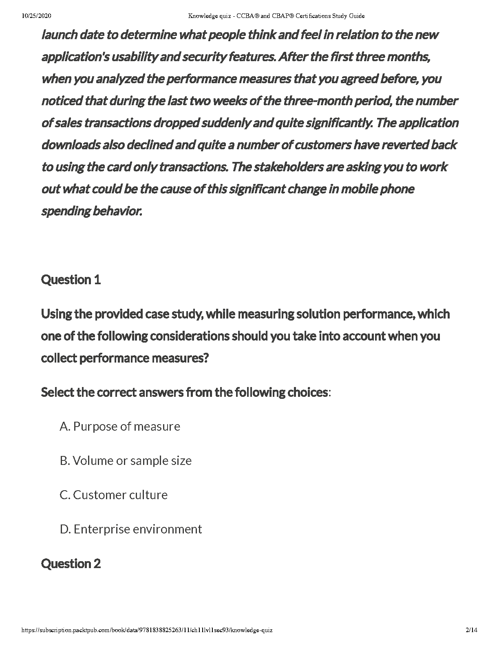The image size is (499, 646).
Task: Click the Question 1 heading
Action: pyautogui.click(x=71, y=280)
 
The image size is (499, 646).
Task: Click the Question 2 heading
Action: pyautogui.click(x=71, y=564)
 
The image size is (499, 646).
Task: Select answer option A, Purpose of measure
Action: pyautogui.click(x=120, y=427)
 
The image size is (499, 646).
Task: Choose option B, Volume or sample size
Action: pyautogui.click(x=126, y=461)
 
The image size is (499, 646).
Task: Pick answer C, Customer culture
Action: pyautogui.click(x=114, y=495)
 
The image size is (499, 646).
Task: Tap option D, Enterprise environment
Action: pyautogui.click(x=131, y=529)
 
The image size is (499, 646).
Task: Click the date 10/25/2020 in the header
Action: pyautogui.click(x=37, y=16)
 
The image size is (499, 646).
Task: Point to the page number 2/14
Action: pyautogui.click(x=471, y=630)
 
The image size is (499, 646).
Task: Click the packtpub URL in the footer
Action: pyautogui.click(x=147, y=630)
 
